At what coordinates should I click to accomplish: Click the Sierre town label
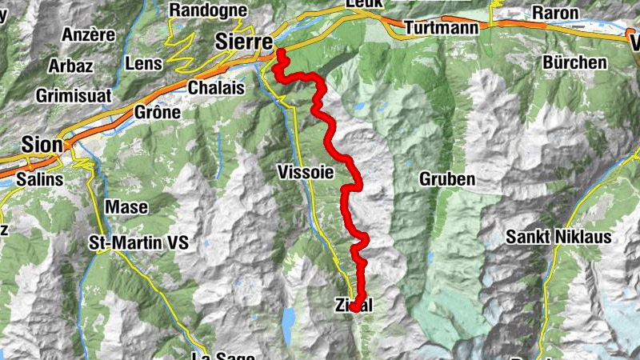[245, 41]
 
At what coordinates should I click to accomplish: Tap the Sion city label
[40, 144]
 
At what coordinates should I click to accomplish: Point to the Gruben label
[447, 179]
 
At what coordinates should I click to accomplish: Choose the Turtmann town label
[442, 28]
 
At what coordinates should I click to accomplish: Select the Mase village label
[127, 206]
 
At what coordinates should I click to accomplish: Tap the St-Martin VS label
[138, 242]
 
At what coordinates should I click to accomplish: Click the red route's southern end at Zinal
[354, 306]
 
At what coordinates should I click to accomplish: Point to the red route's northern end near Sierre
[282, 54]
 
